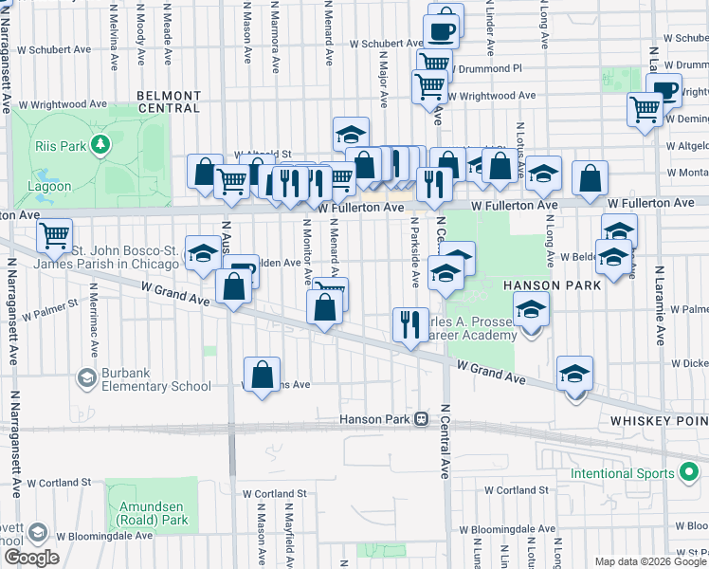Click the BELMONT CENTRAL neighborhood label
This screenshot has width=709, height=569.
pyautogui.click(x=169, y=102)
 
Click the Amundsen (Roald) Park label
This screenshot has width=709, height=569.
pyautogui.click(x=154, y=513)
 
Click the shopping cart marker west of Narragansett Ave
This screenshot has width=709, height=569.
pyautogui.click(x=55, y=232)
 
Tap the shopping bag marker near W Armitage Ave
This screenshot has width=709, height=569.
pyautogui.click(x=262, y=373)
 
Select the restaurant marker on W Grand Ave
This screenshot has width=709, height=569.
pyautogui.click(x=410, y=324)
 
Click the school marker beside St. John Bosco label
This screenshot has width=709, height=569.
pyautogui.click(x=202, y=253)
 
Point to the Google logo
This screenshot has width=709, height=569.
pyautogui.click(x=31, y=558)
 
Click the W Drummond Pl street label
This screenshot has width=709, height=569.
pyautogui.click(x=485, y=69)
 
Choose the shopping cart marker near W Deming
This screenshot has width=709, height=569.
pyautogui.click(x=645, y=109)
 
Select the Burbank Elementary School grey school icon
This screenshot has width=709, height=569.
pyautogui.click(x=86, y=378)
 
